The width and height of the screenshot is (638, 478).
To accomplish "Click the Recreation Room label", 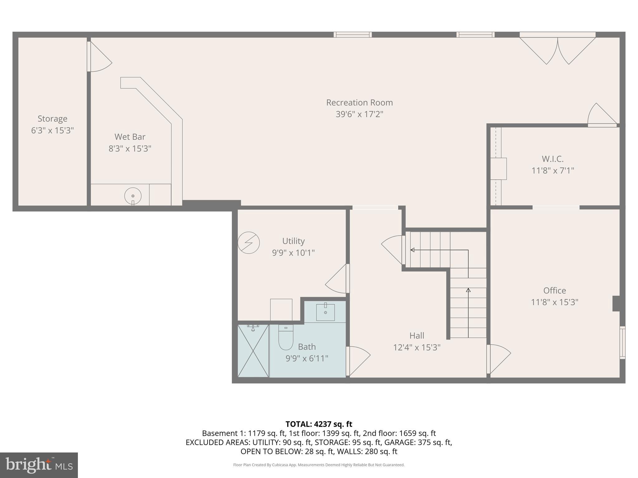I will click(359, 102).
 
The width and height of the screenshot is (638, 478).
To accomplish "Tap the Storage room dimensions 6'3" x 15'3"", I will click(52, 130).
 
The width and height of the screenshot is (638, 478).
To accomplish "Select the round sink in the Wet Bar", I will click(133, 196).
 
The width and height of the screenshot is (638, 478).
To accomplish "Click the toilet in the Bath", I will click(286, 338).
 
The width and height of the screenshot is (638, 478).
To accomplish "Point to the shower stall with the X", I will click(253, 351).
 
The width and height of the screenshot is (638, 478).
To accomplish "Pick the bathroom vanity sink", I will click(325, 312).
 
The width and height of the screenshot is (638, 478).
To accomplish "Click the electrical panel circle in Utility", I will click(249, 243).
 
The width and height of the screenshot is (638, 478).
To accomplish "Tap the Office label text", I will click(554, 290).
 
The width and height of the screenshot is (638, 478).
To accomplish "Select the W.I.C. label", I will click(552, 159).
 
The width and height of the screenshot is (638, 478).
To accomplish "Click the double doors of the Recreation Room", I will click(557, 50).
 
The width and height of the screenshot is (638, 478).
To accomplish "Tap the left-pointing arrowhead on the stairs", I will click(412, 250).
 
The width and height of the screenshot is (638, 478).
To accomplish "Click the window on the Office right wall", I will click(622, 342).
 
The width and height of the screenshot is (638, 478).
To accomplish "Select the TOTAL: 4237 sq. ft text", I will click(319, 424).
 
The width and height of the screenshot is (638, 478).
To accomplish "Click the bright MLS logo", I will click(39, 465).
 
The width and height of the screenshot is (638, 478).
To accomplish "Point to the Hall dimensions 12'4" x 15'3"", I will click(417, 347).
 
